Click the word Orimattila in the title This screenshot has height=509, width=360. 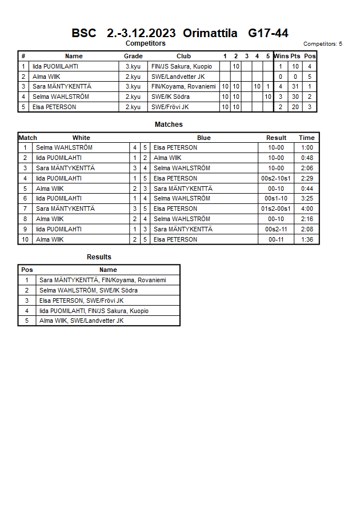[210, 33]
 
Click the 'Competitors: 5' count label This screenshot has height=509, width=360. [323, 44]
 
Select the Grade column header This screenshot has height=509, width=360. [133, 56]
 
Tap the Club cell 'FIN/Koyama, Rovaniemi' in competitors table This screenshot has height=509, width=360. [183, 87]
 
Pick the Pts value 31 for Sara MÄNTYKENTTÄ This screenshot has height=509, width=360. [295, 87]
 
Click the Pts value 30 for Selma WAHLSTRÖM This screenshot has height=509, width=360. [295, 97]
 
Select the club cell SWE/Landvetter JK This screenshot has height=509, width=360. [178, 77]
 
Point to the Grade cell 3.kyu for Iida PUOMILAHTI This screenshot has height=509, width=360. [133, 66]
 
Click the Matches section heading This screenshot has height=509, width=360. [169, 125]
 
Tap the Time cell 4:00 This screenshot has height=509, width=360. [307, 209]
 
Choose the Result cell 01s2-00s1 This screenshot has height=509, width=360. [277, 209]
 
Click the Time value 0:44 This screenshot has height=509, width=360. [307, 189]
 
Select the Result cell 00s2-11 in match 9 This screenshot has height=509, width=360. [277, 229]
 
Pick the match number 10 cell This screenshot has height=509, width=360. [25, 239]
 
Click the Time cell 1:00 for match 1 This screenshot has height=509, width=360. [307, 147]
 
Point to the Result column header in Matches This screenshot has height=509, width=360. [277, 138]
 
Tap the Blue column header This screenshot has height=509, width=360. [204, 138]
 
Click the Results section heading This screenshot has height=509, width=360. [99, 257]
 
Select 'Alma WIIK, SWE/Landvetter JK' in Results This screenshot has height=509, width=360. [81, 321]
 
